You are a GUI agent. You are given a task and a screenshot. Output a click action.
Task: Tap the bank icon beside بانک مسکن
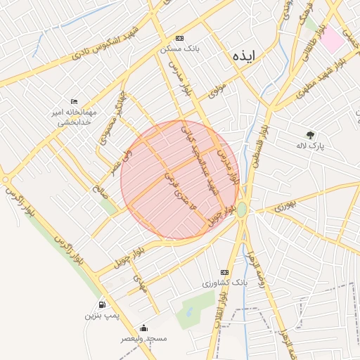[179, 38]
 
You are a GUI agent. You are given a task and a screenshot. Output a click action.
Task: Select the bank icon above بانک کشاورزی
[224, 272]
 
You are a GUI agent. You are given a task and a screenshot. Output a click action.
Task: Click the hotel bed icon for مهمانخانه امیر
[75, 102]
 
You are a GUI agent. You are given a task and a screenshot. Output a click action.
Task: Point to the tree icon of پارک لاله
[311, 134]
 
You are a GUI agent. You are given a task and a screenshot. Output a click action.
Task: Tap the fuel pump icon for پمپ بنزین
[103, 305]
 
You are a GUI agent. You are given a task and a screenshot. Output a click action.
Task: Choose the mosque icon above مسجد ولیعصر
[144, 328]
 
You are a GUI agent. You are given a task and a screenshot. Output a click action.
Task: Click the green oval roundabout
[242, 210]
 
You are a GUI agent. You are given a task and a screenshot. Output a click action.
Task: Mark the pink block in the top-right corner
[333, 39]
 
